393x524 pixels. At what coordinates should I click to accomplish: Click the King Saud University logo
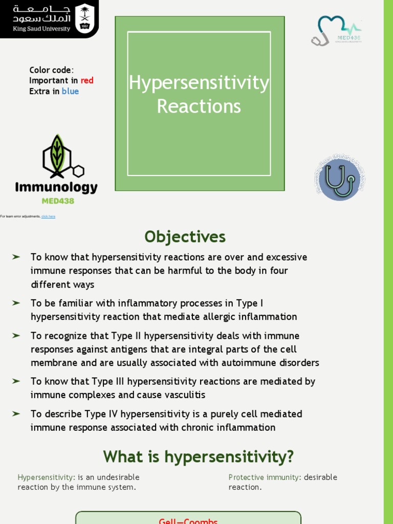tap(49, 18)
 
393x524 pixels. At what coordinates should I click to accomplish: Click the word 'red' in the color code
tap(87, 80)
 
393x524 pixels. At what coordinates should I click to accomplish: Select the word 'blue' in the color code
tap(70, 91)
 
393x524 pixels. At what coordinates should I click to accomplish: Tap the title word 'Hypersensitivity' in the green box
tap(199, 83)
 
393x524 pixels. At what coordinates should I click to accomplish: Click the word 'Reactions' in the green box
tap(199, 106)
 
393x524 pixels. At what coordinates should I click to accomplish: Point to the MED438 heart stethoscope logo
tap(336, 31)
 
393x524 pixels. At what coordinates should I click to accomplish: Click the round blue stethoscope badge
tap(339, 179)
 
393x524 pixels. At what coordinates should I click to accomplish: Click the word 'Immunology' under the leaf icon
tap(56, 187)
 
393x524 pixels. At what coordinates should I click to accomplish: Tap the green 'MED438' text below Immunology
tap(58, 201)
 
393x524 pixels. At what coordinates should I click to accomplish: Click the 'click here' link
tap(48, 216)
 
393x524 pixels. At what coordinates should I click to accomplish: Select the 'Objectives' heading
tap(185, 237)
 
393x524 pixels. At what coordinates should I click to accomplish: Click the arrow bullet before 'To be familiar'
tap(16, 303)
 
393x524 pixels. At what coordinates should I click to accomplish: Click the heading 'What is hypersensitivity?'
tap(199, 456)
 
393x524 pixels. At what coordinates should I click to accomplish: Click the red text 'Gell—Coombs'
tap(188, 520)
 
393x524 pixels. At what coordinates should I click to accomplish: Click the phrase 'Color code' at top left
tap(50, 70)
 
